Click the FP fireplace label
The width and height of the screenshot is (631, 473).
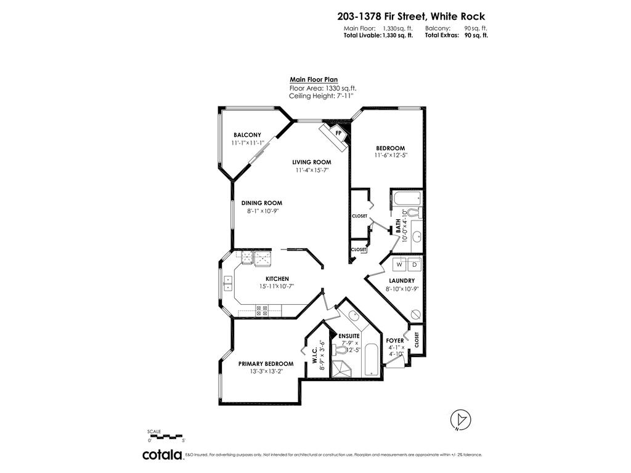[338, 132]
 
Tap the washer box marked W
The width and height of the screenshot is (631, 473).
[399, 264]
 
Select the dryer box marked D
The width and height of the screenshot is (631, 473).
[414, 264]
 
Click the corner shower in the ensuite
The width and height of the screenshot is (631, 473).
[340, 368]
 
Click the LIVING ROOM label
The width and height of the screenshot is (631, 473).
[312, 163]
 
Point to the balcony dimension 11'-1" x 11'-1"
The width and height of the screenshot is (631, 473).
[247, 143]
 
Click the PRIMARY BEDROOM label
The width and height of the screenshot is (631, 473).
[266, 363]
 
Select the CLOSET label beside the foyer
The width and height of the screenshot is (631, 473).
[416, 339]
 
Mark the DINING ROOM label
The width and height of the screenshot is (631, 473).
[261, 203]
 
